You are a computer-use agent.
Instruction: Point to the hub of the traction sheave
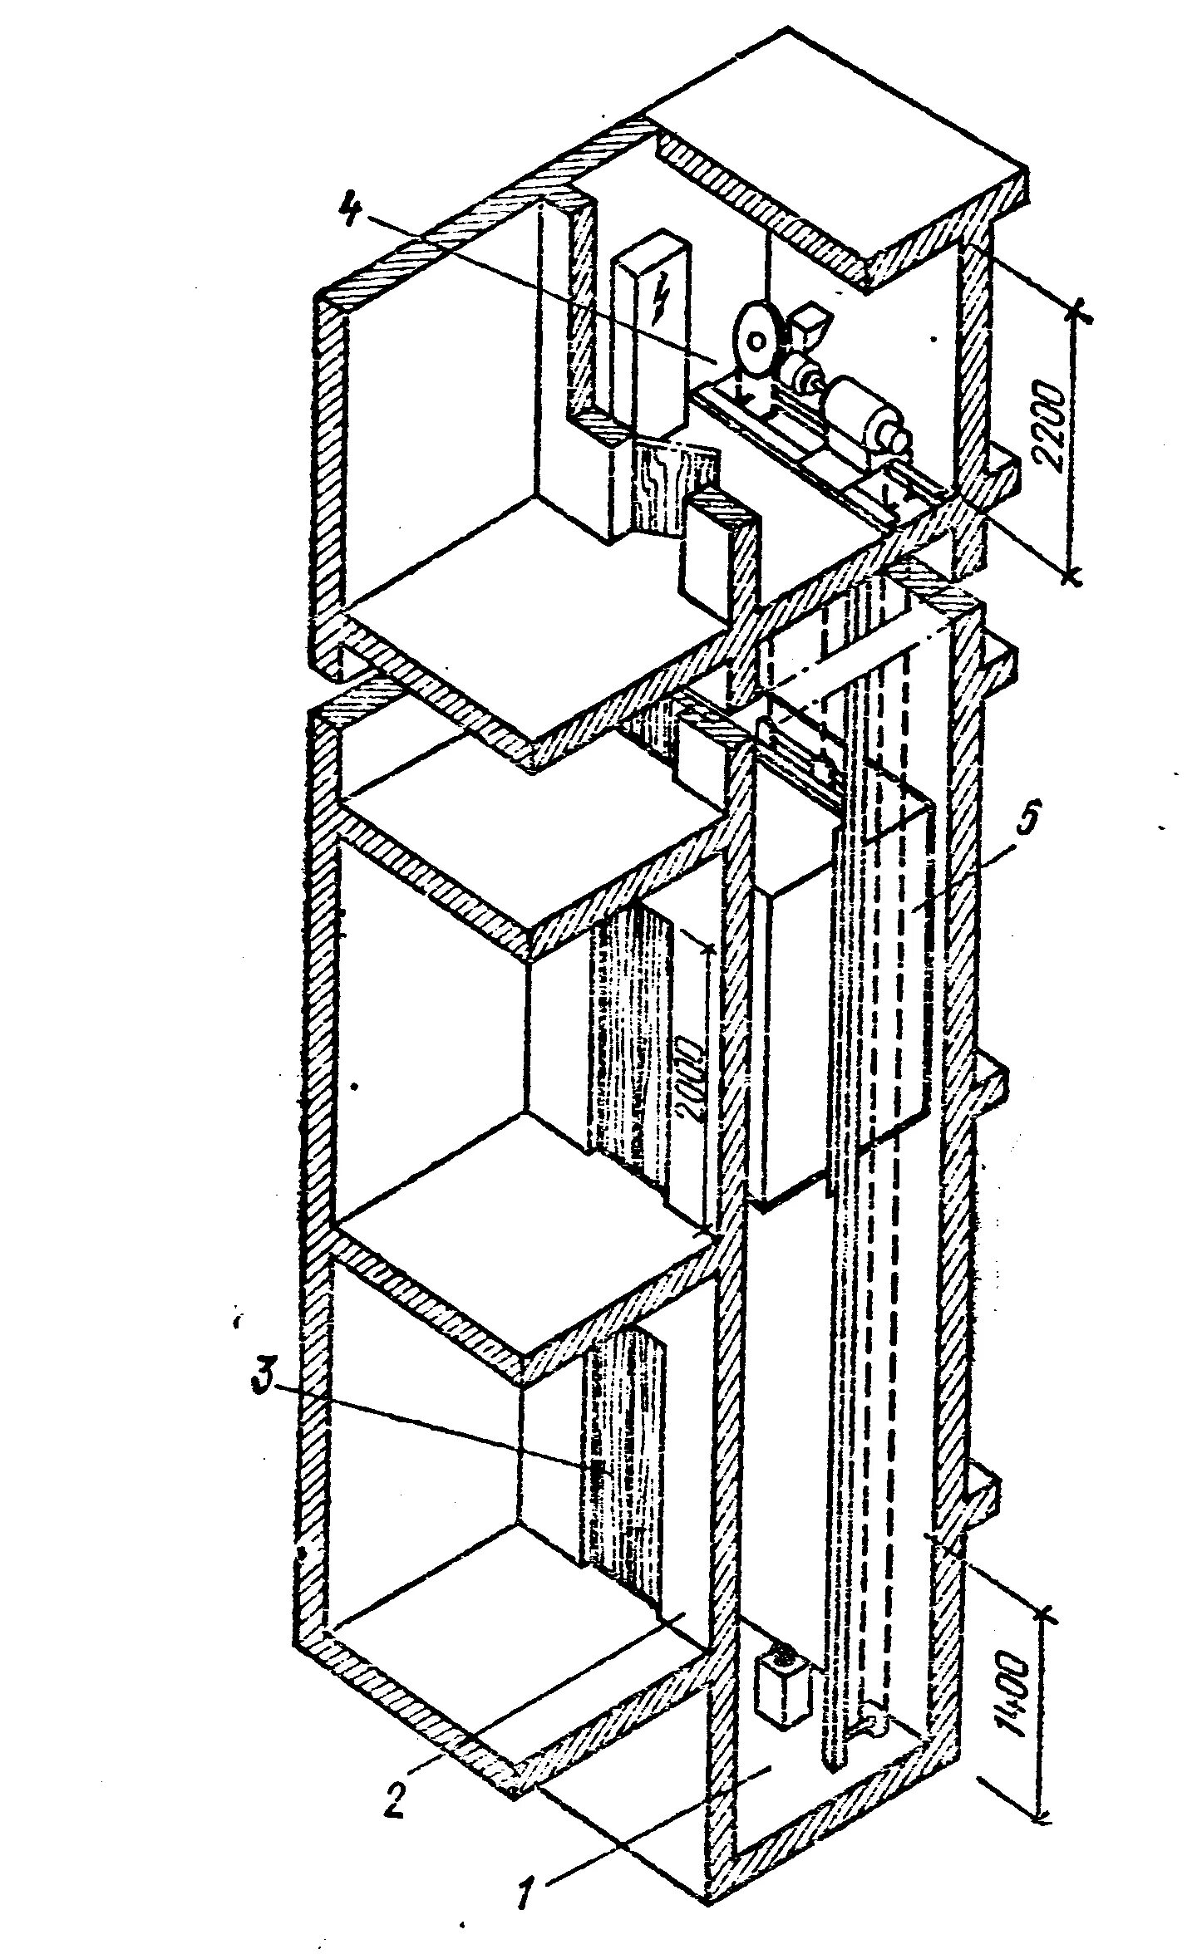756,341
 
